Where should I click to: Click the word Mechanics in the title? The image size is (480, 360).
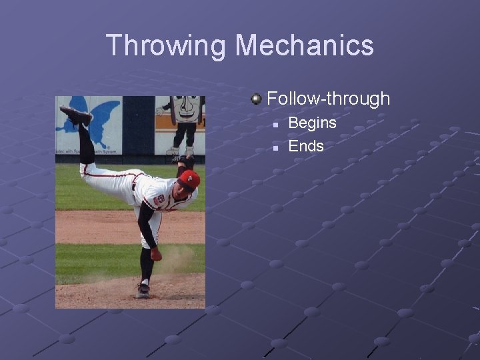coord(304,45)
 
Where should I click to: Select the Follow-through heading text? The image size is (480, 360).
coord(328,99)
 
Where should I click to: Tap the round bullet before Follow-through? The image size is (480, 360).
coord(256,99)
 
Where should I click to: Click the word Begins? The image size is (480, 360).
coord(312,123)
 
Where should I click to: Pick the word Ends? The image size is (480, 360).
coord(305,146)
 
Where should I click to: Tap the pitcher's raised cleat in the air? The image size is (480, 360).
coord(75,115)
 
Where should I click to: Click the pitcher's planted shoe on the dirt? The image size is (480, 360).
coord(142,290)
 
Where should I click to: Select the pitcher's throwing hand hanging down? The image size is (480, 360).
coord(156,254)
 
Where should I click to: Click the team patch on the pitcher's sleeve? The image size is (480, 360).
coord(159,199)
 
